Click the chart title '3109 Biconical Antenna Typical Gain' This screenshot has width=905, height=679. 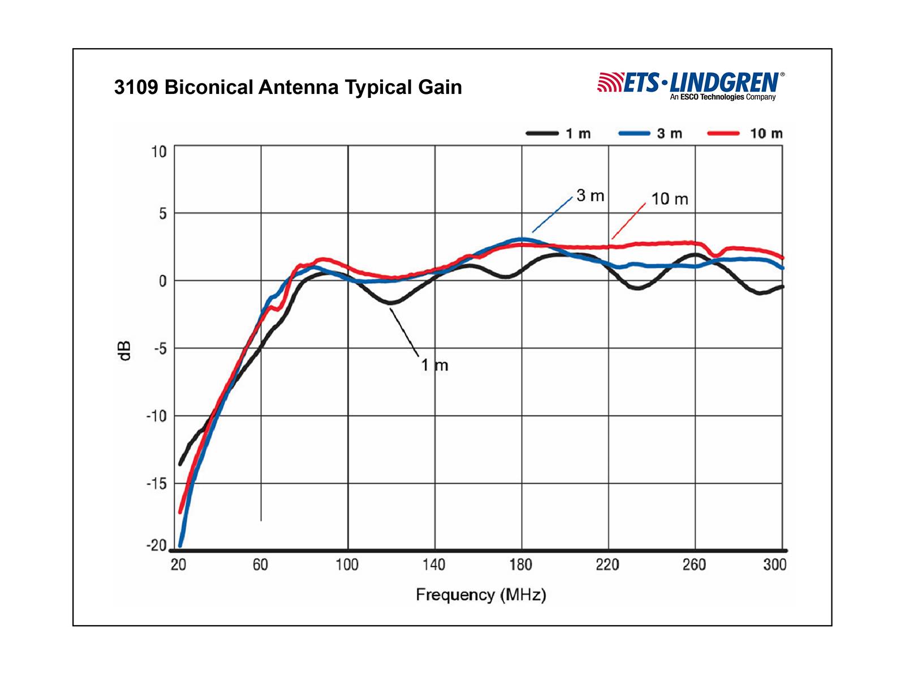288,88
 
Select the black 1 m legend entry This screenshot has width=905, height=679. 558,134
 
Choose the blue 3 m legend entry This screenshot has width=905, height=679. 650,134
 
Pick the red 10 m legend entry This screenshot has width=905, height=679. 745,134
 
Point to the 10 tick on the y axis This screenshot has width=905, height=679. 159,152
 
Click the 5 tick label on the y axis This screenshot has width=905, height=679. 163,214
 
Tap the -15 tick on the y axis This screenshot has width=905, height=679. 157,484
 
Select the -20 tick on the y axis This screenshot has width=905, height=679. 157,546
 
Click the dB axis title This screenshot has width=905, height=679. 125,350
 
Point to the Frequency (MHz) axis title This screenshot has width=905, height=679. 481,595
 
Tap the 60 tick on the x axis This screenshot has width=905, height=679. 260,565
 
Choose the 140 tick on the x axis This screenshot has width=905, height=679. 434,565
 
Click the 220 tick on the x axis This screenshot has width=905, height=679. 607,565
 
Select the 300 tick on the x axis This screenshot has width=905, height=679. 775,565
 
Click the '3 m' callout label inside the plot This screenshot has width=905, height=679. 591,196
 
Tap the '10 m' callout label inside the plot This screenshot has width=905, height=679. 670,199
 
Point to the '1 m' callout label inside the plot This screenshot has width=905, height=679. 434,366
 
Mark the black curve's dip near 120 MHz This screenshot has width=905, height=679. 391,303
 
